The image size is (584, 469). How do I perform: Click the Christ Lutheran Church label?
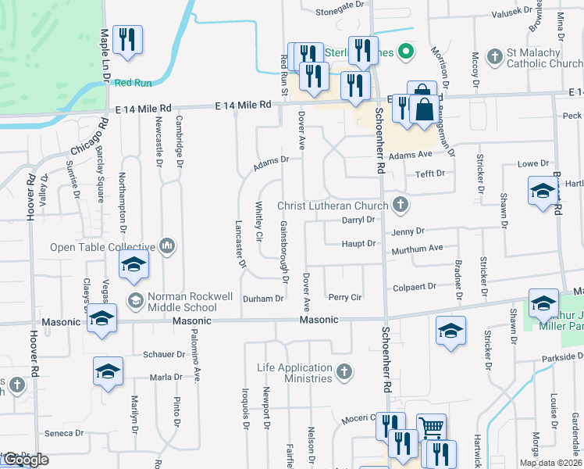click(333, 206)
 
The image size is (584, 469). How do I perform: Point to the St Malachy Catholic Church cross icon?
click(493, 57)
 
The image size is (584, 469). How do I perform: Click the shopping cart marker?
click(430, 427)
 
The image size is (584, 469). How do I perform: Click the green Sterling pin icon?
click(404, 52)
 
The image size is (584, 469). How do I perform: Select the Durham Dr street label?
click(263, 299)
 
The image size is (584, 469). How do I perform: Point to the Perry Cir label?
click(344, 298)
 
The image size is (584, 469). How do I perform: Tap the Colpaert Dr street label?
click(415, 287)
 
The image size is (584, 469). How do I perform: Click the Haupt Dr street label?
click(359, 244)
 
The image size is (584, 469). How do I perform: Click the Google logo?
click(25, 460)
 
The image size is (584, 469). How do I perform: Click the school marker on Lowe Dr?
click(543, 192)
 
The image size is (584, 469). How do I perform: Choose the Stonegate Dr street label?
click(340, 12)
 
